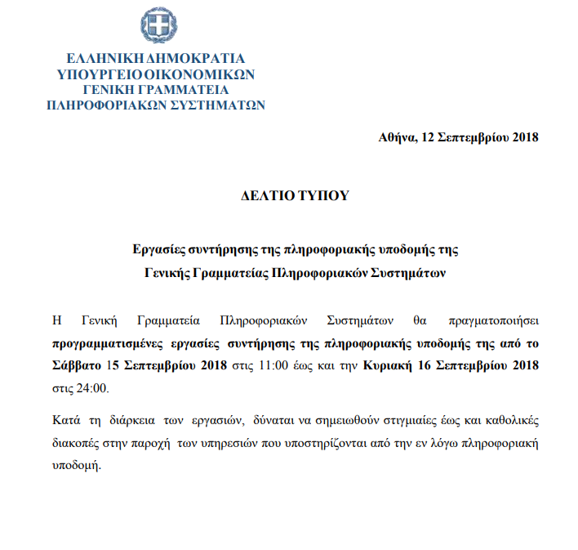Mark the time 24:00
pyautogui.click(x=92, y=387)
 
